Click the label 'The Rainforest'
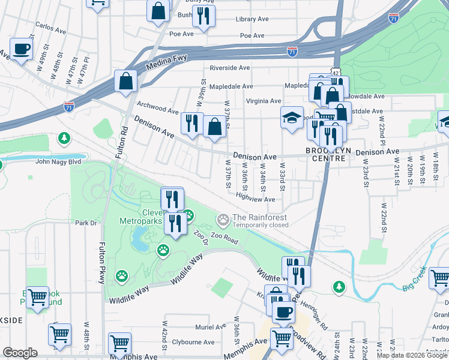(x=259, y=217)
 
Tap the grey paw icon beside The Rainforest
(x=224, y=220)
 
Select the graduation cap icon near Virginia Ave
(x=292, y=118)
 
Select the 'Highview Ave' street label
(x=255, y=199)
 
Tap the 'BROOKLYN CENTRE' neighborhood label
(x=325, y=154)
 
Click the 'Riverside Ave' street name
(x=229, y=68)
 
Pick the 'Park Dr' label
(x=86, y=223)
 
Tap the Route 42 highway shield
(x=336, y=71)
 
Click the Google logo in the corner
(x=20, y=353)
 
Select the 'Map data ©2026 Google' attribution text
(x=412, y=355)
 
